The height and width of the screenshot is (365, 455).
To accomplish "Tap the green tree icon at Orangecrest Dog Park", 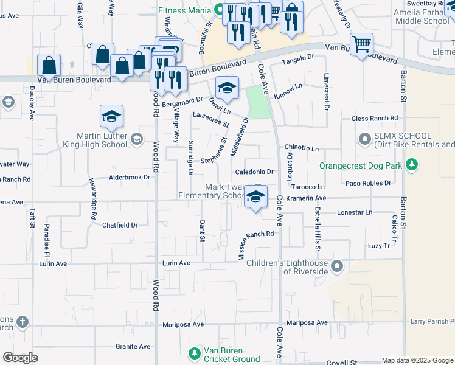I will click(x=412, y=165).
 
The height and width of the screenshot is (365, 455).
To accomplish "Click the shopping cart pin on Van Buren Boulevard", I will click(x=362, y=44).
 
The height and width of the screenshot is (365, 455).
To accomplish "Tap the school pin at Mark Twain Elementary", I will click(x=256, y=196).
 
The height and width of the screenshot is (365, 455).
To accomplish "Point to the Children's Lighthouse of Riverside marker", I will click(x=338, y=266).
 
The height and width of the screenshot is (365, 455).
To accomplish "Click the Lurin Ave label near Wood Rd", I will click(x=176, y=263).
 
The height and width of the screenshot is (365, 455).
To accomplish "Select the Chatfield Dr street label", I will click(x=120, y=225).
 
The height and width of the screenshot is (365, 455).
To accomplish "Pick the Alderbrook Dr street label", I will click(x=129, y=177).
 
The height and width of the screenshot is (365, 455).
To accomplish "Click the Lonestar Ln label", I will click(x=354, y=212).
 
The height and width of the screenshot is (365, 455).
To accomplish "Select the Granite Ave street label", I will click(x=133, y=346).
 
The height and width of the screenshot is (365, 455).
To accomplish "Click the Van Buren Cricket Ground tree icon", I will click(x=194, y=353).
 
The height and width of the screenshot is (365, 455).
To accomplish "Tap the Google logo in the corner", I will click(x=20, y=358).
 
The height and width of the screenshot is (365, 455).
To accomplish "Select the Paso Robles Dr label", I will click(x=368, y=183).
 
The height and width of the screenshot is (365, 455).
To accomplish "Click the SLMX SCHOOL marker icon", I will click(x=365, y=140).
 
